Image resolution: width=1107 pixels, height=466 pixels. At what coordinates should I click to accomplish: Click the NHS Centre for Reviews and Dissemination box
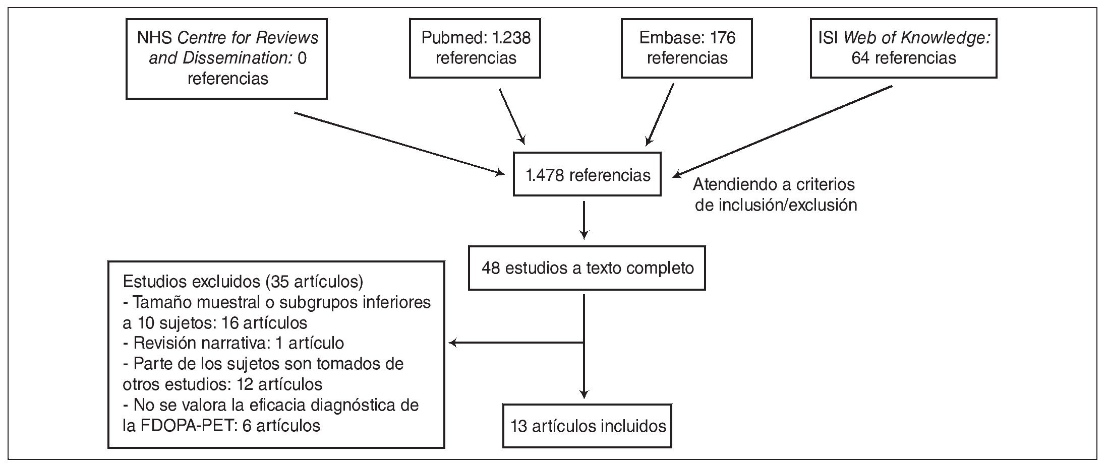click(x=226, y=58)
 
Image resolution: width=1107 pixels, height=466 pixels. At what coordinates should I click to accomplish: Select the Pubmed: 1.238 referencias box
click(x=475, y=48)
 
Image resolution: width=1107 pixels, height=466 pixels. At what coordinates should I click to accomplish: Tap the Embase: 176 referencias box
click(x=686, y=48)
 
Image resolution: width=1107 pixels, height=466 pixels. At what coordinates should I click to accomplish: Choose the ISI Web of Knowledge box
click(x=903, y=48)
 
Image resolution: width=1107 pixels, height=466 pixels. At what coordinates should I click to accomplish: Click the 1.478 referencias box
click(x=587, y=174)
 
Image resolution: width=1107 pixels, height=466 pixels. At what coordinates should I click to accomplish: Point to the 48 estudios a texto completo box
click(x=587, y=268)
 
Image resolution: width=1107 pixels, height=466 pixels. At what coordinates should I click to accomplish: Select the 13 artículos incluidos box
click(x=587, y=426)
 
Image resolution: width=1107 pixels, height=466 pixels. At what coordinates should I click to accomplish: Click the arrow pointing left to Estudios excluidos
click(x=514, y=343)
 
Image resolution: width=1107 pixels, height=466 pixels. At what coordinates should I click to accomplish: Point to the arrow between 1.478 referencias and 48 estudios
click(x=584, y=220)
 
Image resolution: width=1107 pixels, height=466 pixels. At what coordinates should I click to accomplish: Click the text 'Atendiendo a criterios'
click(x=774, y=184)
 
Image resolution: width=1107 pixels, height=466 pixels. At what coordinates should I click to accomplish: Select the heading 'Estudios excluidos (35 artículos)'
click(x=243, y=282)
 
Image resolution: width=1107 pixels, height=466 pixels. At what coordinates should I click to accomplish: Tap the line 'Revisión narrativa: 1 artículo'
click(x=233, y=343)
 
